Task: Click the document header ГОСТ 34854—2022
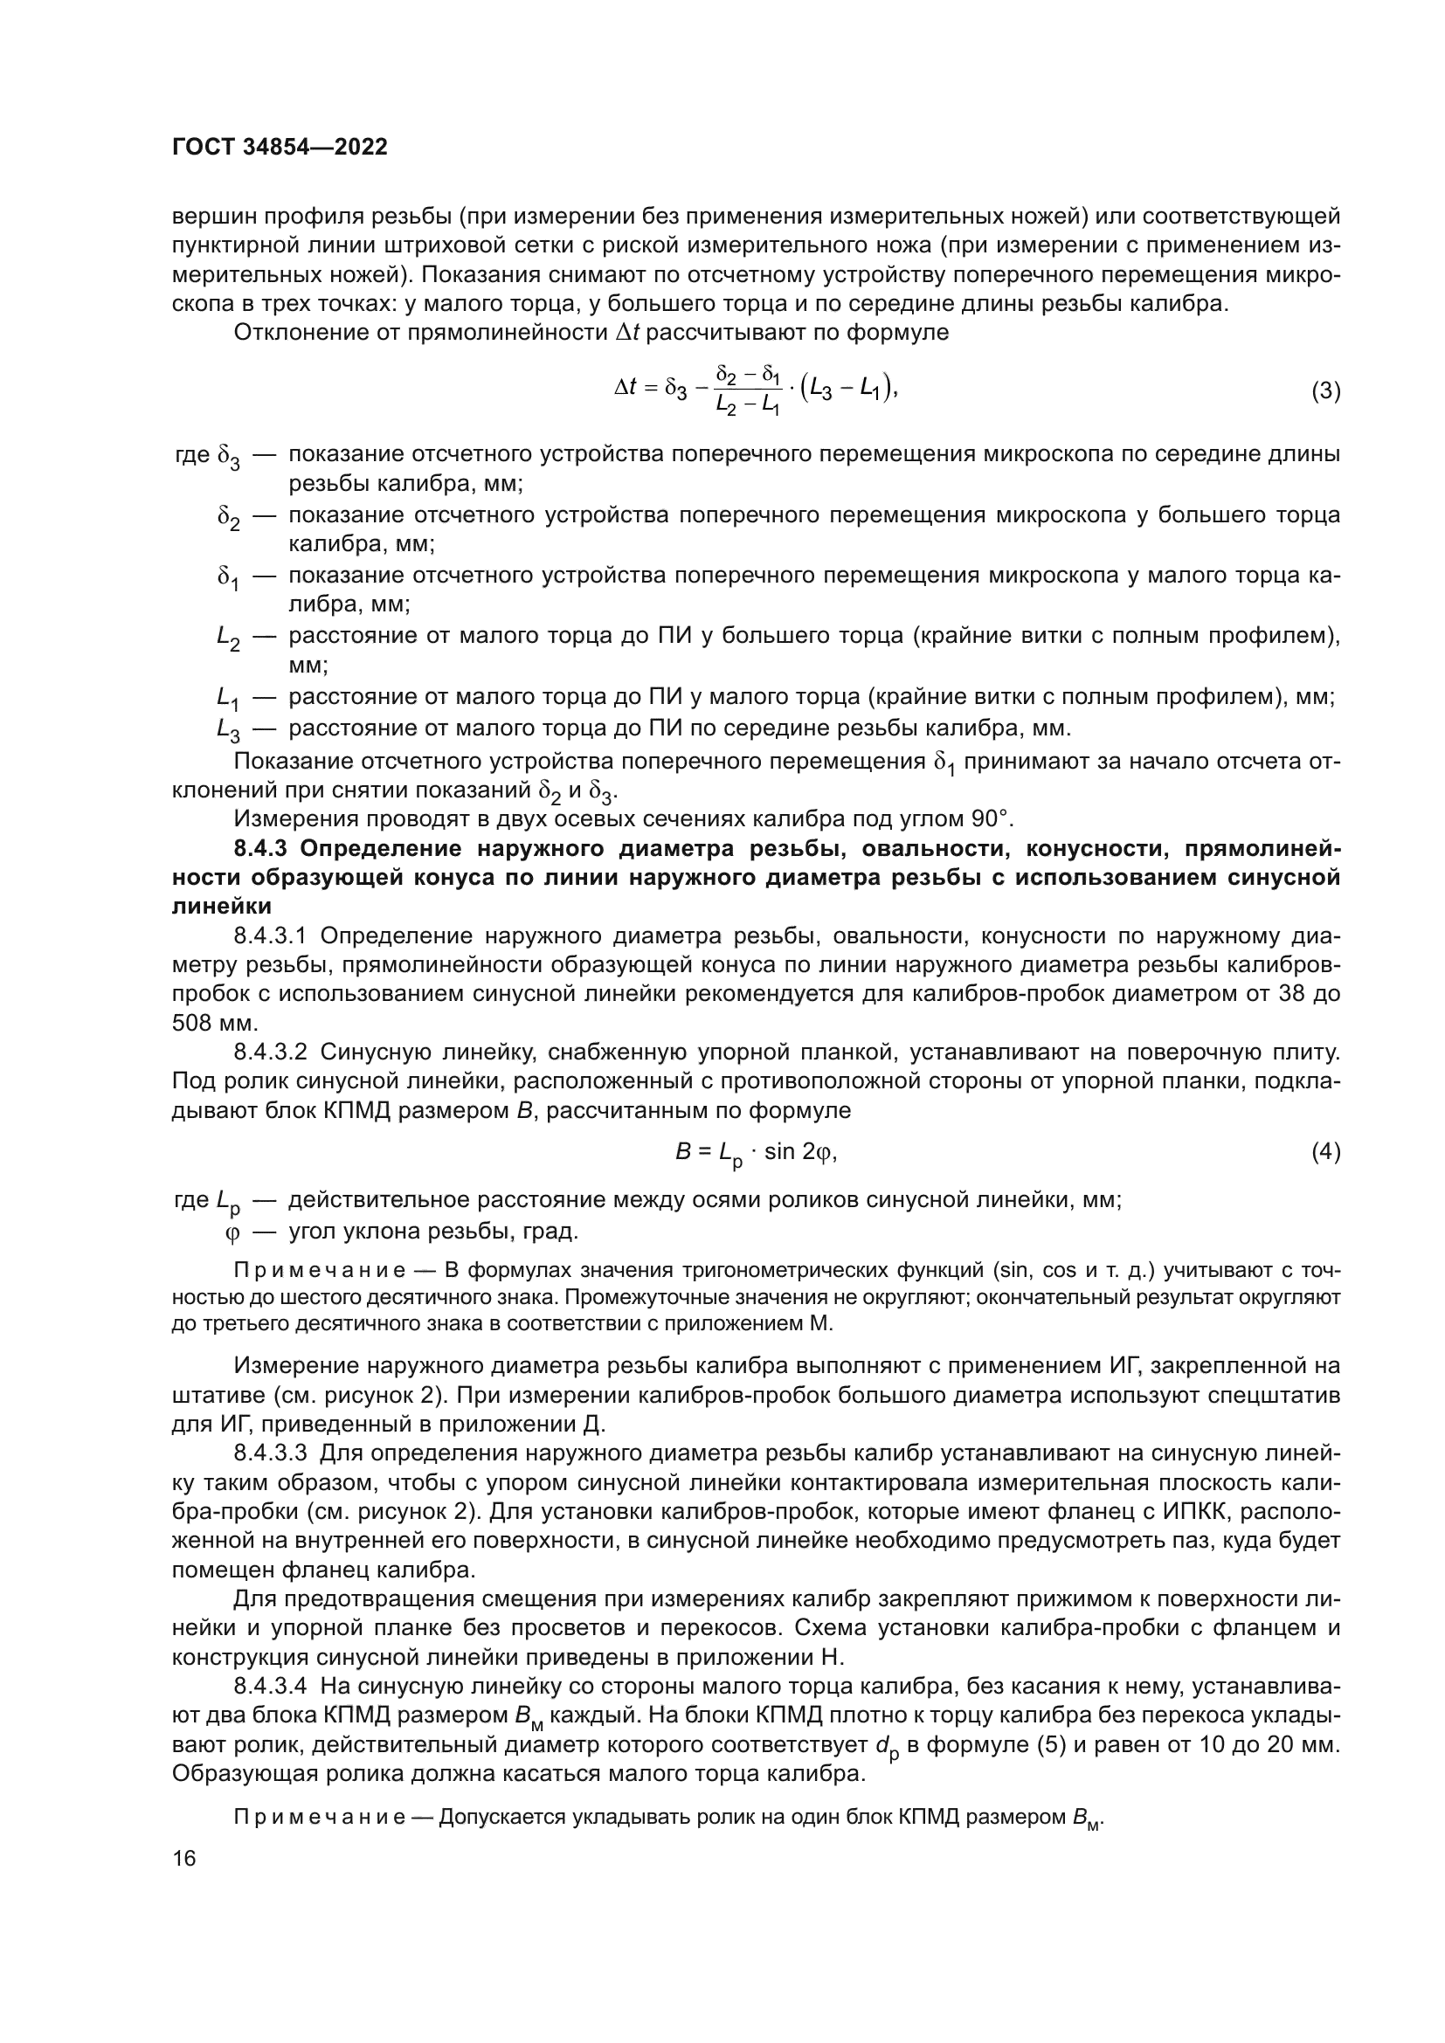[x=280, y=148]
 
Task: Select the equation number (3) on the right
[x=1325, y=390]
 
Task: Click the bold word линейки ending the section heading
[x=222, y=907]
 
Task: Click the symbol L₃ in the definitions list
[x=228, y=730]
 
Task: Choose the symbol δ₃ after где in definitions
[x=229, y=458]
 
